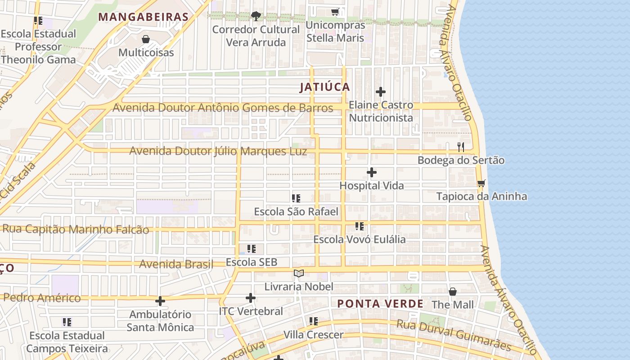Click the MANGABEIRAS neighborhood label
pyautogui.click(x=143, y=17)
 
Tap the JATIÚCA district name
pyautogui.click(x=325, y=87)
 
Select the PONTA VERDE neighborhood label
pyautogui.click(x=380, y=304)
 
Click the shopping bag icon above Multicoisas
pyautogui.click(x=145, y=39)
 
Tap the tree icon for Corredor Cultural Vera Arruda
pyautogui.click(x=256, y=17)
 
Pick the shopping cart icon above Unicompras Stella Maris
pyautogui.click(x=335, y=12)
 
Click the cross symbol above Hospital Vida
pyautogui.click(x=372, y=172)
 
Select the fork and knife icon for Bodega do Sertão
pyautogui.click(x=461, y=147)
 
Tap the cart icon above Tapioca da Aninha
pyautogui.click(x=481, y=183)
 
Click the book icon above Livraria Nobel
pyautogui.click(x=299, y=273)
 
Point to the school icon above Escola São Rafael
pyautogui.click(x=296, y=198)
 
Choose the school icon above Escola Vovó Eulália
pyautogui.click(x=359, y=226)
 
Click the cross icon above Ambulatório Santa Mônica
pyautogui.click(x=160, y=301)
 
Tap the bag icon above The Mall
pyautogui.click(x=453, y=292)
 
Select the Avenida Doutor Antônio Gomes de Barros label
pyautogui.click(x=223, y=108)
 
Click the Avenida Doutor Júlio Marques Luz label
pyautogui.click(x=218, y=151)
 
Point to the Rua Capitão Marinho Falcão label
pyautogui.click(x=76, y=229)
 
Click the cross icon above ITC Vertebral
pyautogui.click(x=251, y=298)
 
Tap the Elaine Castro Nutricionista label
pyautogui.click(x=381, y=111)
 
